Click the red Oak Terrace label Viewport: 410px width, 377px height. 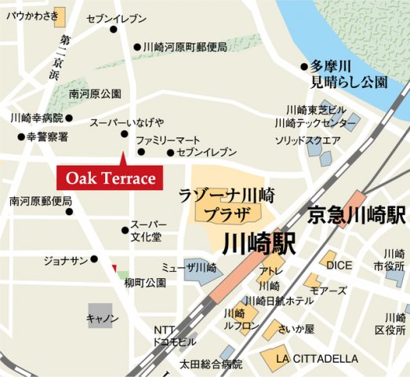[x=110, y=178]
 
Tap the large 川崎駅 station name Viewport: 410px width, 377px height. [x=259, y=244]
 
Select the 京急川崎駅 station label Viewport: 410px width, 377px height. [x=356, y=213]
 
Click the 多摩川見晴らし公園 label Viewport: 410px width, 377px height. [x=348, y=74]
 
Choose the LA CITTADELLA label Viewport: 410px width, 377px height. [x=317, y=359]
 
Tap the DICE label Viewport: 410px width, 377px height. [x=339, y=265]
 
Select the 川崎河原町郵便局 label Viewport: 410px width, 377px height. [x=186, y=47]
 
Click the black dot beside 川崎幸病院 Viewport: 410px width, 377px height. [x=69, y=119]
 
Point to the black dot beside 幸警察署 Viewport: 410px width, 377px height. [x=21, y=137]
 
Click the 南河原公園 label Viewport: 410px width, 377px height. [x=95, y=93]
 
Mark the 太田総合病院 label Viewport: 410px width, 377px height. [x=211, y=364]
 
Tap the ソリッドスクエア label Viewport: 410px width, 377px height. [x=307, y=141]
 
